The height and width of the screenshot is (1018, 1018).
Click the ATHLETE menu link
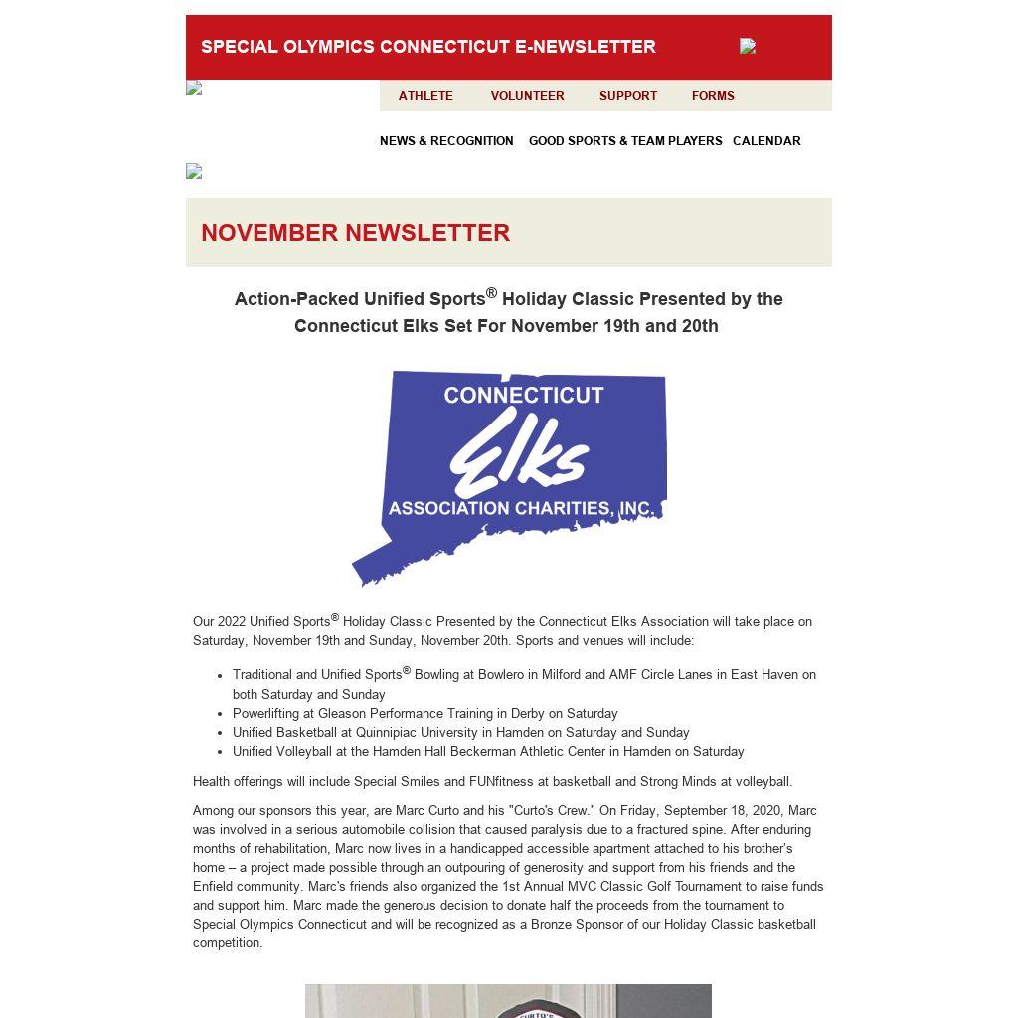[425, 96]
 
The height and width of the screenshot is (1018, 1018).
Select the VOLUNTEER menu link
[527, 96]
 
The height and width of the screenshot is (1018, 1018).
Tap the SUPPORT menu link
[627, 96]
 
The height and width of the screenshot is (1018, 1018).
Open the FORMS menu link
[713, 96]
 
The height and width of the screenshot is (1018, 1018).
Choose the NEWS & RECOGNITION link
[446, 141]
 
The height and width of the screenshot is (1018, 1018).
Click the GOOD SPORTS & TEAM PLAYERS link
[625, 141]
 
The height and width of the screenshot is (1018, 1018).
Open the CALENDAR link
[766, 141]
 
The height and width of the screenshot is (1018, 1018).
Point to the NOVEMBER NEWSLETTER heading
[355, 233]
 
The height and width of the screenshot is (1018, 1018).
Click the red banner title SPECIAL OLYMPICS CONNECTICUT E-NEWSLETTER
[427, 47]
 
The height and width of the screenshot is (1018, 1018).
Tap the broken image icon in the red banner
[748, 46]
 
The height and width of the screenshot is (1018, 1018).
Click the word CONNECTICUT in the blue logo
[524, 395]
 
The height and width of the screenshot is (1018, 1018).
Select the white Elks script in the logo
[519, 453]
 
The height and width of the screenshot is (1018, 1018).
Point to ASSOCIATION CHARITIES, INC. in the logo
[521, 508]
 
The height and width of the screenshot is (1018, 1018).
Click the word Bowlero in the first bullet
[501, 675]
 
